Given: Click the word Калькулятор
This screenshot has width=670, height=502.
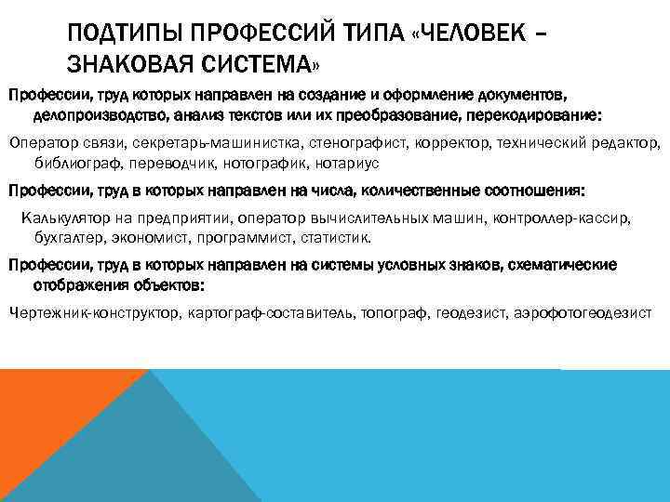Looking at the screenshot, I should point(64,218).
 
